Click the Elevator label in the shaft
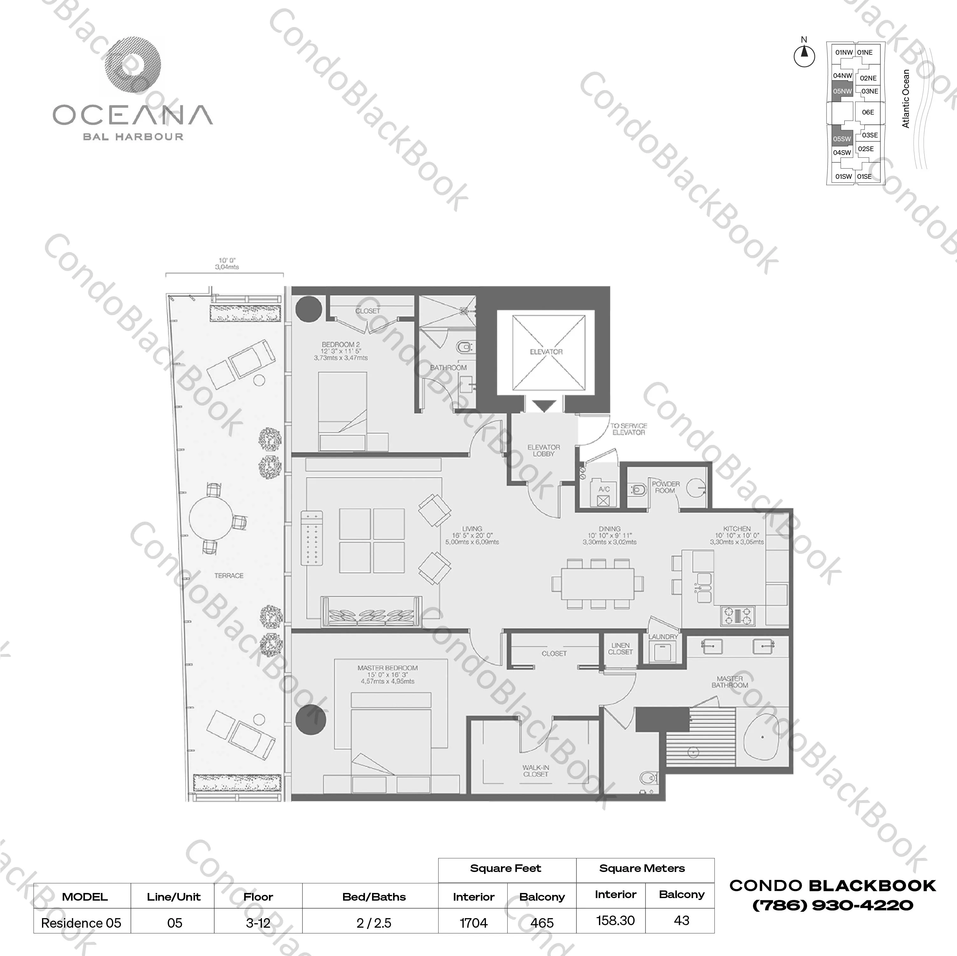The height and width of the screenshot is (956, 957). [x=546, y=352]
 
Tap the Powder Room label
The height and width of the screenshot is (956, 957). [x=665, y=487]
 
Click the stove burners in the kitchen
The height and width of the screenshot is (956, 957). [x=738, y=616]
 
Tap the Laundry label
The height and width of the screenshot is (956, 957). [x=663, y=636]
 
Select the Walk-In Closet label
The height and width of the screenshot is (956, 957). [x=535, y=770]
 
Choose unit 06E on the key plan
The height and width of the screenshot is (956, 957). [x=868, y=112]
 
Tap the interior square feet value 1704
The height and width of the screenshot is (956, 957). [x=474, y=923]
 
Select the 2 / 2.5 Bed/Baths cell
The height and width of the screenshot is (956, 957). [x=374, y=923]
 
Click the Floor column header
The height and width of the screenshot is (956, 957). [x=258, y=896]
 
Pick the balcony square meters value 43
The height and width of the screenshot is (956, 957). [x=682, y=920]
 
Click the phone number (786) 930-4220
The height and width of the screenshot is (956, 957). [x=833, y=905]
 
